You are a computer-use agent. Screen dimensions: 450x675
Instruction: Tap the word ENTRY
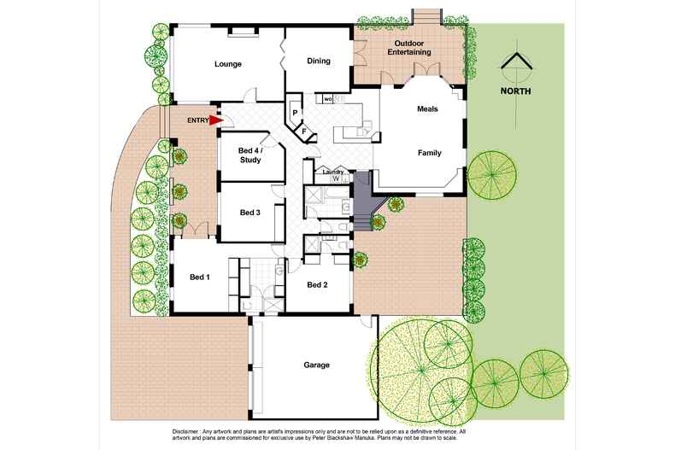tap(197, 120)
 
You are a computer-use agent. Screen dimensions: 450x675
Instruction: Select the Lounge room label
tap(227, 64)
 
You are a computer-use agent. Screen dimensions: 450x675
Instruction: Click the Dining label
tap(319, 61)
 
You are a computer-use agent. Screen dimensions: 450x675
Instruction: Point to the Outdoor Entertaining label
tap(410, 48)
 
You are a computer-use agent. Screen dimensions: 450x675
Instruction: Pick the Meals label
tap(427, 109)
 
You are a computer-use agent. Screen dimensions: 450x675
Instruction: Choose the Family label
tap(429, 153)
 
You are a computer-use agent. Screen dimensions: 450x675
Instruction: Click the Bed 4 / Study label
tap(250, 154)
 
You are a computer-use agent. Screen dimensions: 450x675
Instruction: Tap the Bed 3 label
tap(249, 213)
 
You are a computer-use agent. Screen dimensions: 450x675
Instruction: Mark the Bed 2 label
tap(317, 284)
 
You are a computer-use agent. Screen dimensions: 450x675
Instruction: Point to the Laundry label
tap(332, 172)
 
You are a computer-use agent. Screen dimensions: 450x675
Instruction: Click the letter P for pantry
tap(294, 113)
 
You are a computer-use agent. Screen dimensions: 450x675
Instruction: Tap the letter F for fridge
tap(304, 132)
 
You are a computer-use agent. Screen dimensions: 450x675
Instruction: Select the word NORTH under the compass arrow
tap(516, 91)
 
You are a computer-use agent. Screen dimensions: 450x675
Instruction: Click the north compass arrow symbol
tap(516, 67)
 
